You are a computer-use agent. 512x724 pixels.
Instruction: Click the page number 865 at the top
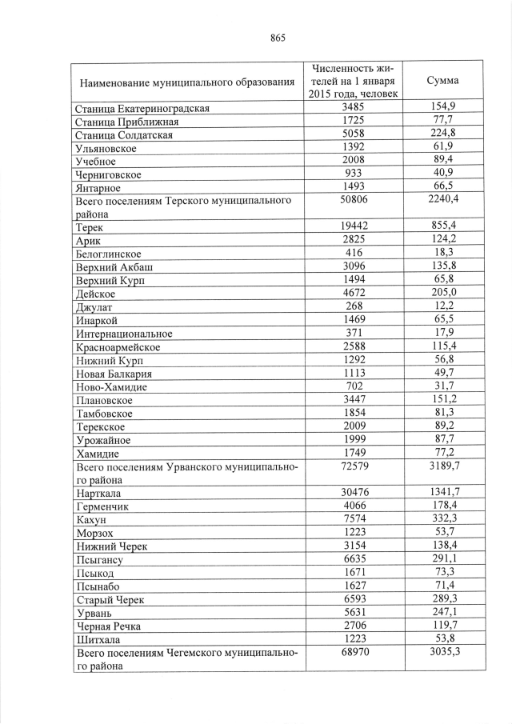click(278, 38)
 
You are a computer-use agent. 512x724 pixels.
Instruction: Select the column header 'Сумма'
click(442, 81)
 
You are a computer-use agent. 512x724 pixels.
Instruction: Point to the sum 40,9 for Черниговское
click(442, 174)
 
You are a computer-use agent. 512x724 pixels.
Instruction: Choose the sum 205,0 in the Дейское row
click(442, 293)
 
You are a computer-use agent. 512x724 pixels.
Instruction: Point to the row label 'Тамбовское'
click(104, 414)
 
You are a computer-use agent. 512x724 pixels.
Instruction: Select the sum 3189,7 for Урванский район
click(442, 466)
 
